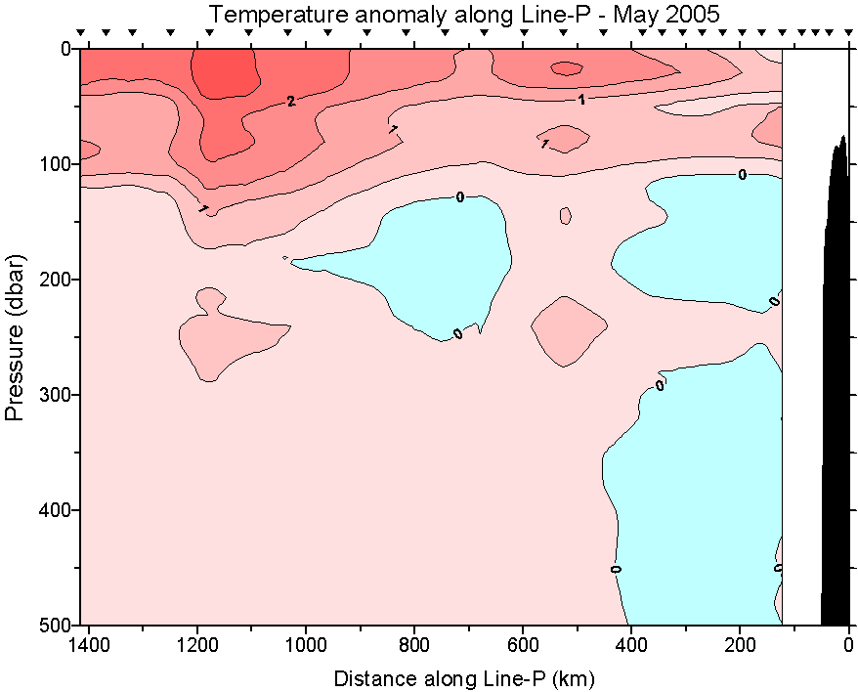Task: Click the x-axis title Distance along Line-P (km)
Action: (x=464, y=677)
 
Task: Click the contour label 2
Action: (x=290, y=101)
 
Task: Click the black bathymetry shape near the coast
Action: (x=836, y=391)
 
